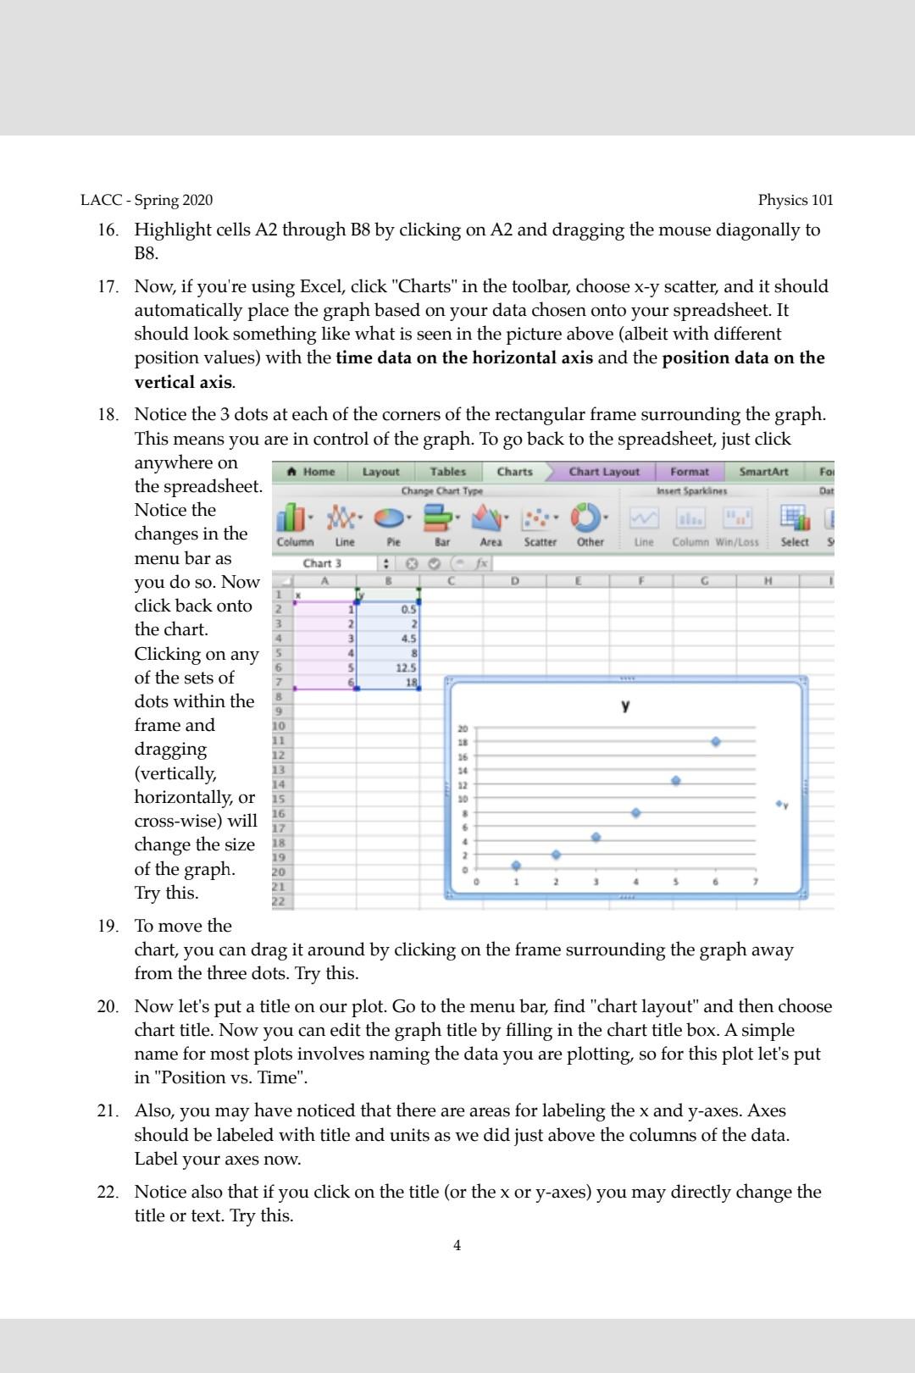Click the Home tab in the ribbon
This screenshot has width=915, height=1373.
coord(311,472)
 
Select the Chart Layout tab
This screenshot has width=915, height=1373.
coord(604,472)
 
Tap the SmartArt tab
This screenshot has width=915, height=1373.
coord(763,472)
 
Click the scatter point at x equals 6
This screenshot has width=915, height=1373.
coord(716,741)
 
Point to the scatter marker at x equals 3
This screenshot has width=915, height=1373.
coord(596,837)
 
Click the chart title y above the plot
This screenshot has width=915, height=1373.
coord(625,706)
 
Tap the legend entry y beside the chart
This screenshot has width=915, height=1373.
coord(781,804)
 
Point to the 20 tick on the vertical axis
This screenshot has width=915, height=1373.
coord(463,728)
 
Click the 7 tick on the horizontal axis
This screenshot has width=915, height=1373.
coord(756,883)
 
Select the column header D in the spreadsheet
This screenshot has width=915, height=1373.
coord(514,581)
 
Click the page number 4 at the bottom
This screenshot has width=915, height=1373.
coord(457,1245)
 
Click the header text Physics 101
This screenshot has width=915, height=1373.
coord(796,201)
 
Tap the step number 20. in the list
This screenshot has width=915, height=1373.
coord(108,1007)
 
